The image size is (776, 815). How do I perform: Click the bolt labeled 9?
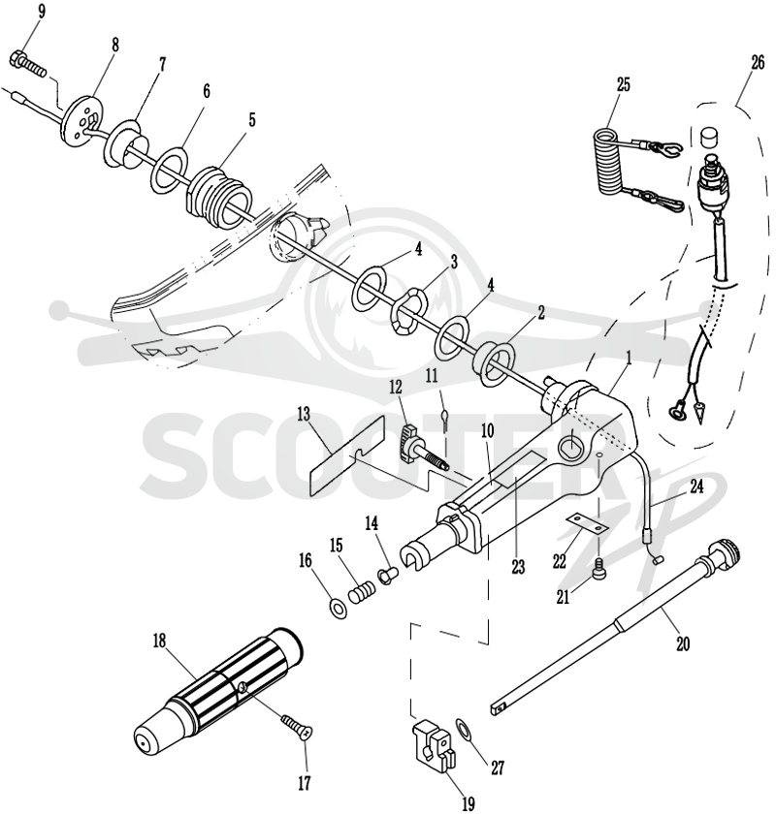click(28, 64)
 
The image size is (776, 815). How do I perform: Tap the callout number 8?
click(114, 45)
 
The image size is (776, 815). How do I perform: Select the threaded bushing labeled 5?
click(219, 197)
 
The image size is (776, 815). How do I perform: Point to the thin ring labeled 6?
click(171, 170)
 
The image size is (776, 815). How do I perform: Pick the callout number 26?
click(758, 62)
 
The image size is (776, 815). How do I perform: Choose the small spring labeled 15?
click(362, 592)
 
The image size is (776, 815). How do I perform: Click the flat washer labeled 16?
click(339, 608)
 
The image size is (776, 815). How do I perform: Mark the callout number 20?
click(683, 643)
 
